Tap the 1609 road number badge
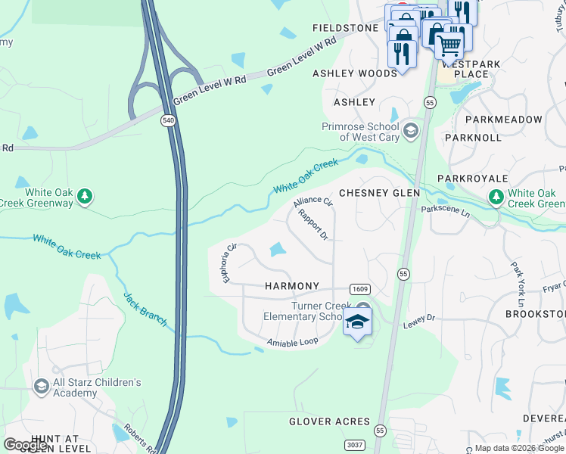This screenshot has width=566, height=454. (359, 289)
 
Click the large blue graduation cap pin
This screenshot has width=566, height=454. (358, 324)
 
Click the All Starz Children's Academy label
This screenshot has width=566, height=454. (96, 387)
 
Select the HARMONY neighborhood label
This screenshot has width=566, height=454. (292, 286)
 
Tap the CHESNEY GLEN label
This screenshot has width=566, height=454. (379, 193)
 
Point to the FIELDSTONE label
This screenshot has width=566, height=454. (345, 28)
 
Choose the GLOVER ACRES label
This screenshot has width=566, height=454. (330, 421)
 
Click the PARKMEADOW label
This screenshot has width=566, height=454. (504, 120)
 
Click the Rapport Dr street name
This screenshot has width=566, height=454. (313, 225)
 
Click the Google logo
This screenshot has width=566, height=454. (26, 445)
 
